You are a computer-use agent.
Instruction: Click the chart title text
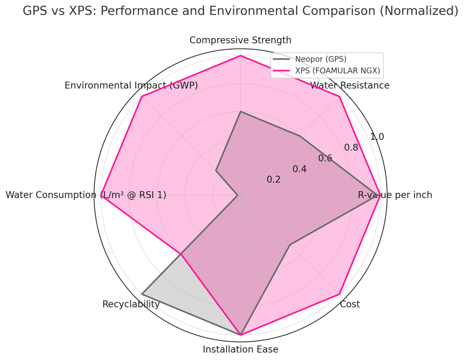[x=240, y=11]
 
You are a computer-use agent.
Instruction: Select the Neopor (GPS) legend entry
[x=321, y=59]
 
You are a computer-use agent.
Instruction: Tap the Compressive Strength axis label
[x=240, y=40]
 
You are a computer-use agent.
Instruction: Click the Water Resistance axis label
[x=350, y=85]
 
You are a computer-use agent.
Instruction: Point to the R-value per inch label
[x=395, y=195]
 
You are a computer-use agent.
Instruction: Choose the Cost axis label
[x=350, y=304]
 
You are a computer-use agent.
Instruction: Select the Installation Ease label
[x=240, y=349]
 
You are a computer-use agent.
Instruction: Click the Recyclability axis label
[x=131, y=304]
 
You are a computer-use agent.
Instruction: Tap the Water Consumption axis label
[x=86, y=195]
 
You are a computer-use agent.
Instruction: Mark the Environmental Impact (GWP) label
[x=131, y=85]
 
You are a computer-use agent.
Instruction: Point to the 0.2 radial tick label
[x=274, y=180]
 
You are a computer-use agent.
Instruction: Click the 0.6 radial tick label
[x=325, y=158]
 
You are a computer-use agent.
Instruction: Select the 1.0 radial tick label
[x=377, y=137]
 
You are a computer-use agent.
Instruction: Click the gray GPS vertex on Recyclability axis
[x=142, y=294]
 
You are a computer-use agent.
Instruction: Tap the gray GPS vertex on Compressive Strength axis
[x=240, y=111]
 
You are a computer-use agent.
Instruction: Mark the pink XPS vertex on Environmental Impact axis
[x=142, y=96]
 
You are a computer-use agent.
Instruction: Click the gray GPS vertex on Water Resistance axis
[x=300, y=136]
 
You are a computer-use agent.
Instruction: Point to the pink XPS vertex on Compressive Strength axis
[x=240, y=56]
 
